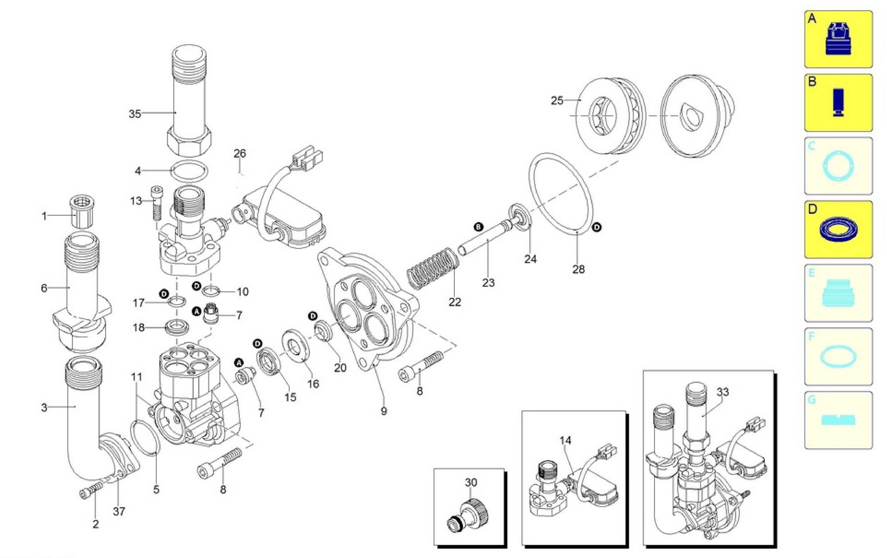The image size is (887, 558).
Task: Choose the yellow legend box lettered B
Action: pyautogui.click(x=838, y=103)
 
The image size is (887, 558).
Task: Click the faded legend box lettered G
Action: pyautogui.click(x=838, y=420)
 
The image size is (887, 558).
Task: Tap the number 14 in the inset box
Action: pyautogui.click(x=565, y=440)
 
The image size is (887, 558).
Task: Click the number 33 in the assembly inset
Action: pyautogui.click(x=722, y=392)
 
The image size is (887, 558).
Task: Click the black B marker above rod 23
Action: pyautogui.click(x=478, y=227)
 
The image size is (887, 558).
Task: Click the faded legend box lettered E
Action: pyautogui.click(x=838, y=293)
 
